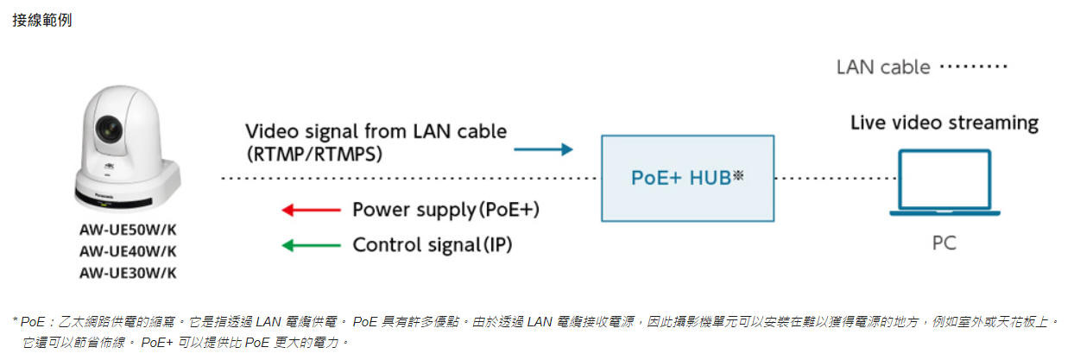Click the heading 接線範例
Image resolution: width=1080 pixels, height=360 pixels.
point(41,20)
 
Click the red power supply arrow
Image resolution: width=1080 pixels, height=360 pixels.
point(312,209)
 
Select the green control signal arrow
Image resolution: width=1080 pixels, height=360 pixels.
point(312,245)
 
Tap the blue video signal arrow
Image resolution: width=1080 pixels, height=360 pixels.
point(543,149)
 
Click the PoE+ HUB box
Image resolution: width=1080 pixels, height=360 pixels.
point(687,178)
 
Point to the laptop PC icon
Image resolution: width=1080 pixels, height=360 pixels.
point(944,182)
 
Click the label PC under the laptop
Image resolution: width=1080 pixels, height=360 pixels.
point(944,244)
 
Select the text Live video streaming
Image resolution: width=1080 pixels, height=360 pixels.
point(944,123)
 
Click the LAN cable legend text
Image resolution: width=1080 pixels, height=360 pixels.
point(883,66)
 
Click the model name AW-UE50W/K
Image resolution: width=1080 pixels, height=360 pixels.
point(128,231)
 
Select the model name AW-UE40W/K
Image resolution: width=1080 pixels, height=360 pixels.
point(128,251)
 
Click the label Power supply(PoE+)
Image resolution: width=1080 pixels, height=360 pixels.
point(452,210)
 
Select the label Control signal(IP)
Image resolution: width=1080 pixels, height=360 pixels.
point(433,245)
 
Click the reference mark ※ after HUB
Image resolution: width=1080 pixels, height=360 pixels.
point(738,177)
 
